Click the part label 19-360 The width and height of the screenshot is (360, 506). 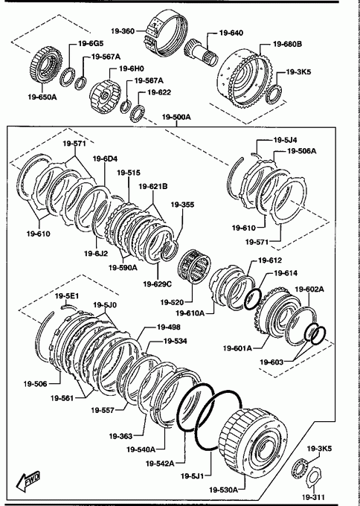click(x=123, y=31)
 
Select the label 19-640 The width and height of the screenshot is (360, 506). click(x=231, y=33)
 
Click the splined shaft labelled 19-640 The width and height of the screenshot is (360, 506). click(x=202, y=52)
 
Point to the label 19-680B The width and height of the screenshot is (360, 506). click(x=287, y=44)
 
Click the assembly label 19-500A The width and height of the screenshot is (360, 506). click(x=176, y=117)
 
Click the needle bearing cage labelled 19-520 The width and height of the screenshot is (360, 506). click(x=195, y=266)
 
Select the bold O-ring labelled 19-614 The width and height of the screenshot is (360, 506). click(x=253, y=299)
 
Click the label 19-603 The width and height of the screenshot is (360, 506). click(x=271, y=362)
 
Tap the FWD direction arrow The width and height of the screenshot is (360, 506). click(x=29, y=479)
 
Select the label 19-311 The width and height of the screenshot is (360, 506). click(x=312, y=497)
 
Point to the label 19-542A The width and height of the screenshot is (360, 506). click(x=160, y=464)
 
